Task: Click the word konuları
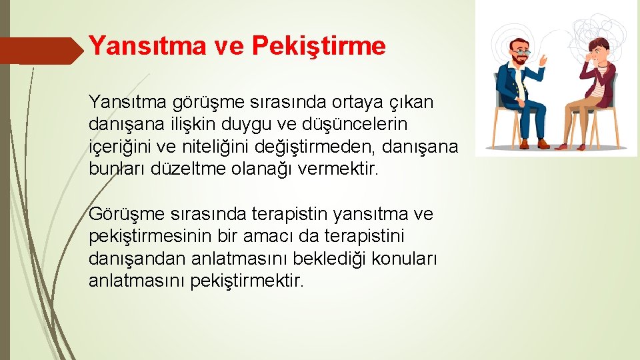(x=403, y=259)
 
